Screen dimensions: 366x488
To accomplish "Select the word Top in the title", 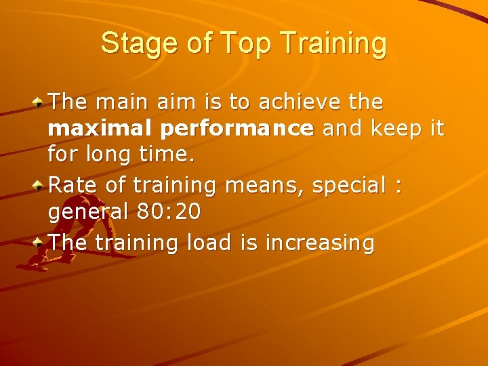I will [239, 43].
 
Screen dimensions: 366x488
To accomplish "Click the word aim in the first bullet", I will [171, 103].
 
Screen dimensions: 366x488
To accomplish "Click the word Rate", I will [74, 185].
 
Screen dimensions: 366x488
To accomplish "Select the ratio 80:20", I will [169, 212].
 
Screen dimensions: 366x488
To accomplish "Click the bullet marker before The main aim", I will [40, 102].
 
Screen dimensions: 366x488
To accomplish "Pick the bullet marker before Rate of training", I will [40, 184].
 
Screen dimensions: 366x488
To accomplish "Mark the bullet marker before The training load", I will [40, 241].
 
